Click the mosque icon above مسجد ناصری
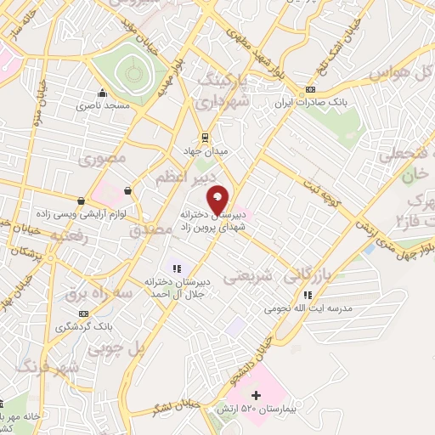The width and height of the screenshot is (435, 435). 103,93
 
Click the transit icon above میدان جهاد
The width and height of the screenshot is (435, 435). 205,137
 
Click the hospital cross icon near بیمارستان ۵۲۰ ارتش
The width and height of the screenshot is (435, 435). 256,395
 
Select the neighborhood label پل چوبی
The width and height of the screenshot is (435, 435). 113,347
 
